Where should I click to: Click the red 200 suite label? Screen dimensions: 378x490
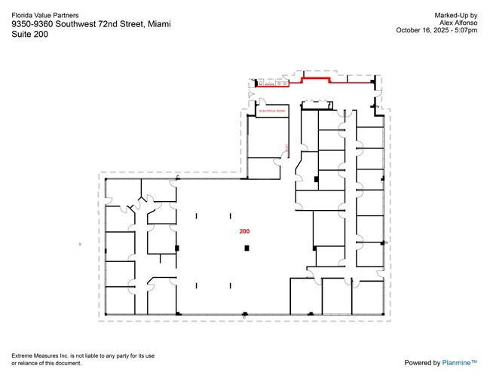244,231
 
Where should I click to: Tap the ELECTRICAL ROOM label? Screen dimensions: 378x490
273,111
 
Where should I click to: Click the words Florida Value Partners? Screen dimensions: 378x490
44,14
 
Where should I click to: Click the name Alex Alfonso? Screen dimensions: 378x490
458,23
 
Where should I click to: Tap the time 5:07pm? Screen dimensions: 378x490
464,30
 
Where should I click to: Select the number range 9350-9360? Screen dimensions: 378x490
32,25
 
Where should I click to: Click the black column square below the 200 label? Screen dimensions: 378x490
244,248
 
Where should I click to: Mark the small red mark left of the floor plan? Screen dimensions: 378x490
80,244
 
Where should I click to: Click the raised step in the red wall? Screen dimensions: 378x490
316,77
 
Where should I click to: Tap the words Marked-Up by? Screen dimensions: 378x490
456,15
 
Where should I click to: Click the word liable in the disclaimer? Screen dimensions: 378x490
88,355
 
